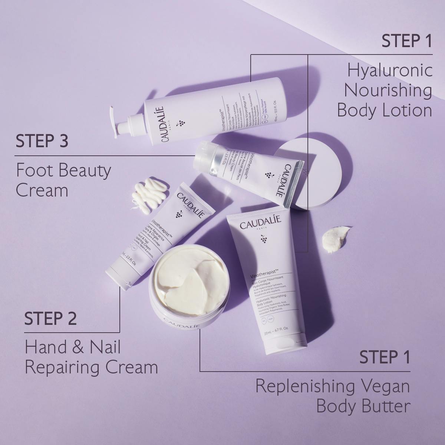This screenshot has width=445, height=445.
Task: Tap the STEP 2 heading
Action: pos(50,319)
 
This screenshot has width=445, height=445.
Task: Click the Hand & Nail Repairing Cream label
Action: pos(91,357)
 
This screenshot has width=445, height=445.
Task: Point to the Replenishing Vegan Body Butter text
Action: pos(333,396)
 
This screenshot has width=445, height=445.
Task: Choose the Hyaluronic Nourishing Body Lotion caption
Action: pos(385,90)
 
